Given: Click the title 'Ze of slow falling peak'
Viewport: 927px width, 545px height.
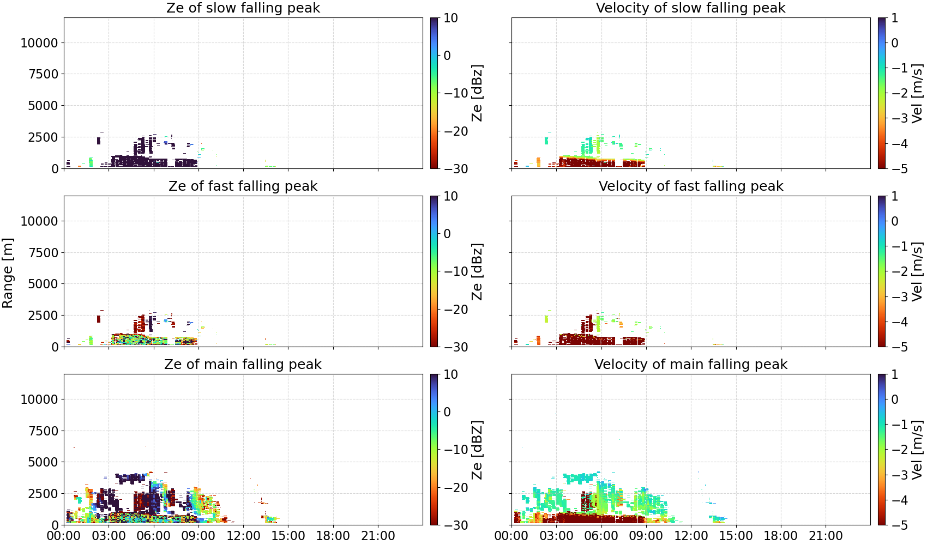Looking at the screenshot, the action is [x=243, y=8].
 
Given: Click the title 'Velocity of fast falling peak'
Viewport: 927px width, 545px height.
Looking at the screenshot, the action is [x=691, y=186].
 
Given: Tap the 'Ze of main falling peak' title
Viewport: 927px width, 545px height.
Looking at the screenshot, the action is [x=243, y=364].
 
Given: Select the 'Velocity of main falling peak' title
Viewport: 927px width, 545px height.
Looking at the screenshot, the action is [x=691, y=364].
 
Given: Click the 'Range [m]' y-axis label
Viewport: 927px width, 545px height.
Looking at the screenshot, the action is [x=8, y=273].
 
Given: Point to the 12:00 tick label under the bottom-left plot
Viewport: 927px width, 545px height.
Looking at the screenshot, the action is [x=243, y=536].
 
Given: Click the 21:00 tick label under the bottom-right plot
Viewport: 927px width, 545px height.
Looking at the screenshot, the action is [x=826, y=536].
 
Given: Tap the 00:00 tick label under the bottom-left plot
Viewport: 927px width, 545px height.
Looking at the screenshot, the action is [x=64, y=536].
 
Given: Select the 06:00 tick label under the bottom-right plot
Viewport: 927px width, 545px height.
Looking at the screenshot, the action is [x=601, y=536].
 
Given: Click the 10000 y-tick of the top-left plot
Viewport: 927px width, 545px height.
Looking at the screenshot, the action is [x=39, y=43].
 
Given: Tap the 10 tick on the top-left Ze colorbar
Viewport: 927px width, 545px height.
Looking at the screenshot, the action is [x=450, y=18].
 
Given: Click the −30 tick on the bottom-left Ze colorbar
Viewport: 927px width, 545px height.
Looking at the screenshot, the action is [x=456, y=525].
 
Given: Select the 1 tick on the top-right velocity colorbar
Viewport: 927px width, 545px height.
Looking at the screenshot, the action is [x=895, y=18].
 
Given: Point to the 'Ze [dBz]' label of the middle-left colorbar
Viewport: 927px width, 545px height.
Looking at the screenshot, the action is [x=477, y=271].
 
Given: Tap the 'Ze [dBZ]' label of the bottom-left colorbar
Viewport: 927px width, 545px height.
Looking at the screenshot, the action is [x=477, y=450].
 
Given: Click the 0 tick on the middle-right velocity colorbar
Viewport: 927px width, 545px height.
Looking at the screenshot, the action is [x=895, y=221].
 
